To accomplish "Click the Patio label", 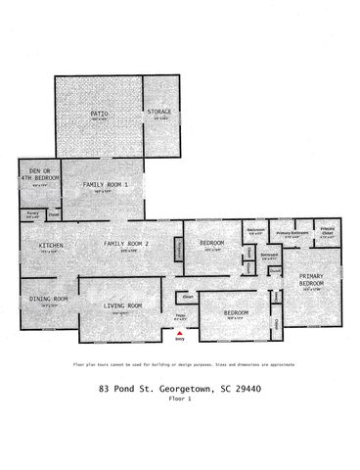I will (99, 114).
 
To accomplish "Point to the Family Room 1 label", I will (105, 184).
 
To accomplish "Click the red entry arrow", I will (178, 334).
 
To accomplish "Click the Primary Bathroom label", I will (292, 233).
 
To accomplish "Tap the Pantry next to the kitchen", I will (32, 212).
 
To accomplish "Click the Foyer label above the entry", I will (180, 315).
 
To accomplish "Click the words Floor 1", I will (180, 399).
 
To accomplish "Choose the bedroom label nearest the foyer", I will (236, 312).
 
